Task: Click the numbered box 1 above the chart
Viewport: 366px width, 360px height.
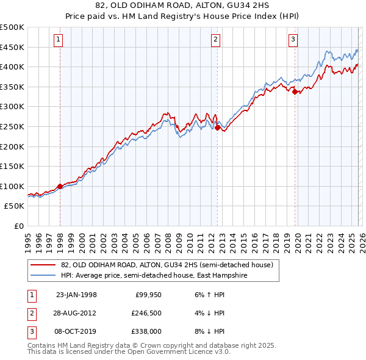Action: click(59, 40)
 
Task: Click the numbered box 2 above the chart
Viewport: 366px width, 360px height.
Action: click(216, 40)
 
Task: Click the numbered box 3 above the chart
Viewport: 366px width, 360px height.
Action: click(293, 40)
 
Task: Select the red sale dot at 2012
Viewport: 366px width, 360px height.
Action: click(217, 128)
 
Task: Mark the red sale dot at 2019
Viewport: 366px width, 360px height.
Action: click(295, 92)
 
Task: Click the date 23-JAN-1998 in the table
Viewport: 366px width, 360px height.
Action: click(76, 295)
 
